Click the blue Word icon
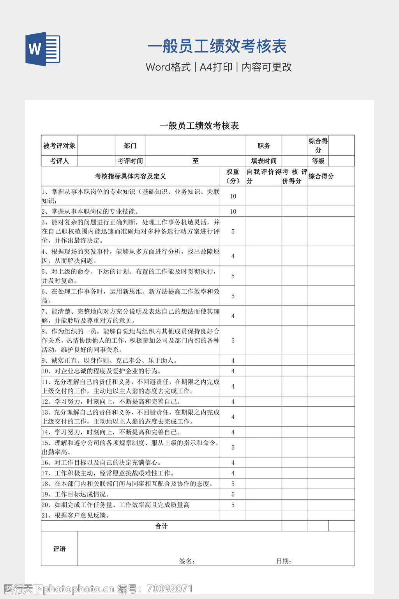tap(42, 49)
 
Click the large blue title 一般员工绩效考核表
tap(217, 46)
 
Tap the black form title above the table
tap(199, 126)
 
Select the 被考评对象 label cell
tap(59, 145)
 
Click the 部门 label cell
tap(130, 145)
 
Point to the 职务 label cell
tap(263, 145)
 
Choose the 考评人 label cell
tap(59, 161)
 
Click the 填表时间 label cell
tap(263, 161)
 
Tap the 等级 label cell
tap(318, 161)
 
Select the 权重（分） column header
tap(233, 176)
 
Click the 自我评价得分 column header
tap(263, 176)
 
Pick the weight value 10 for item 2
tap(233, 211)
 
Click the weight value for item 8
tap(233, 340)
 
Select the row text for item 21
tap(76, 515)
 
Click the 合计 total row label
tap(161, 526)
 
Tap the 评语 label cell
tap(59, 549)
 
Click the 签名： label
tap(187, 561)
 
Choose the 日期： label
tap(284, 561)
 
